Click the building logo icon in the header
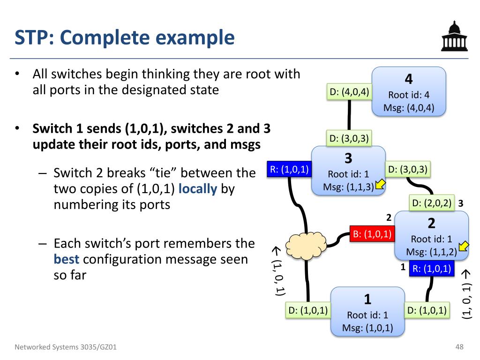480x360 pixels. point(454,36)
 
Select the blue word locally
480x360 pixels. point(197,189)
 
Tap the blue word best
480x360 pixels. point(67,259)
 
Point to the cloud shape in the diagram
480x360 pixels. point(306,246)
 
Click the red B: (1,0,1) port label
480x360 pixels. point(372,234)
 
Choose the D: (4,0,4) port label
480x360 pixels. point(349,92)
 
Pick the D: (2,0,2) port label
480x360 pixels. point(432,203)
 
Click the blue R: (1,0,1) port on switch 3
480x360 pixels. point(289,169)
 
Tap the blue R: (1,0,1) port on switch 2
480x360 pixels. point(432,269)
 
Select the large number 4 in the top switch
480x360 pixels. point(409,79)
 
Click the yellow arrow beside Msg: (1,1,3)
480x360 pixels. point(380,185)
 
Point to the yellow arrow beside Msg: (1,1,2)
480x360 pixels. point(464,246)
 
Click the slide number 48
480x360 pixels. point(459,347)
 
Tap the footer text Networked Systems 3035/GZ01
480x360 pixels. point(66,347)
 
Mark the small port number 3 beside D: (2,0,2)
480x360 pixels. point(460,203)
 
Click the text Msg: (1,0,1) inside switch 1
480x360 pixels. point(367,328)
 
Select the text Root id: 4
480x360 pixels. point(409,95)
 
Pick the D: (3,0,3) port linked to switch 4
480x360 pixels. point(349,138)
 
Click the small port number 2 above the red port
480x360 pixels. point(389,217)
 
